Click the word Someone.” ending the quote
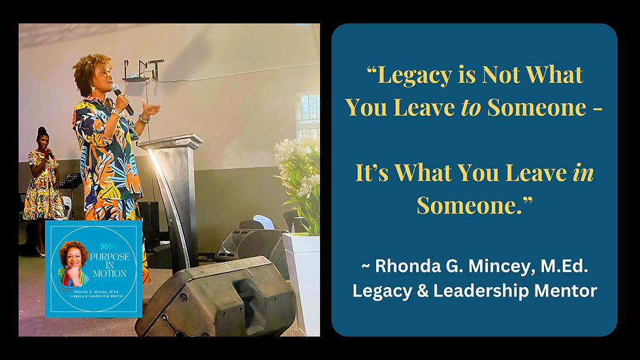click(x=474, y=205)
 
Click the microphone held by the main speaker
click(x=121, y=98)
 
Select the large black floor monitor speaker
click(x=216, y=297)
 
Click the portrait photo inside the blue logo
click(x=74, y=265)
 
